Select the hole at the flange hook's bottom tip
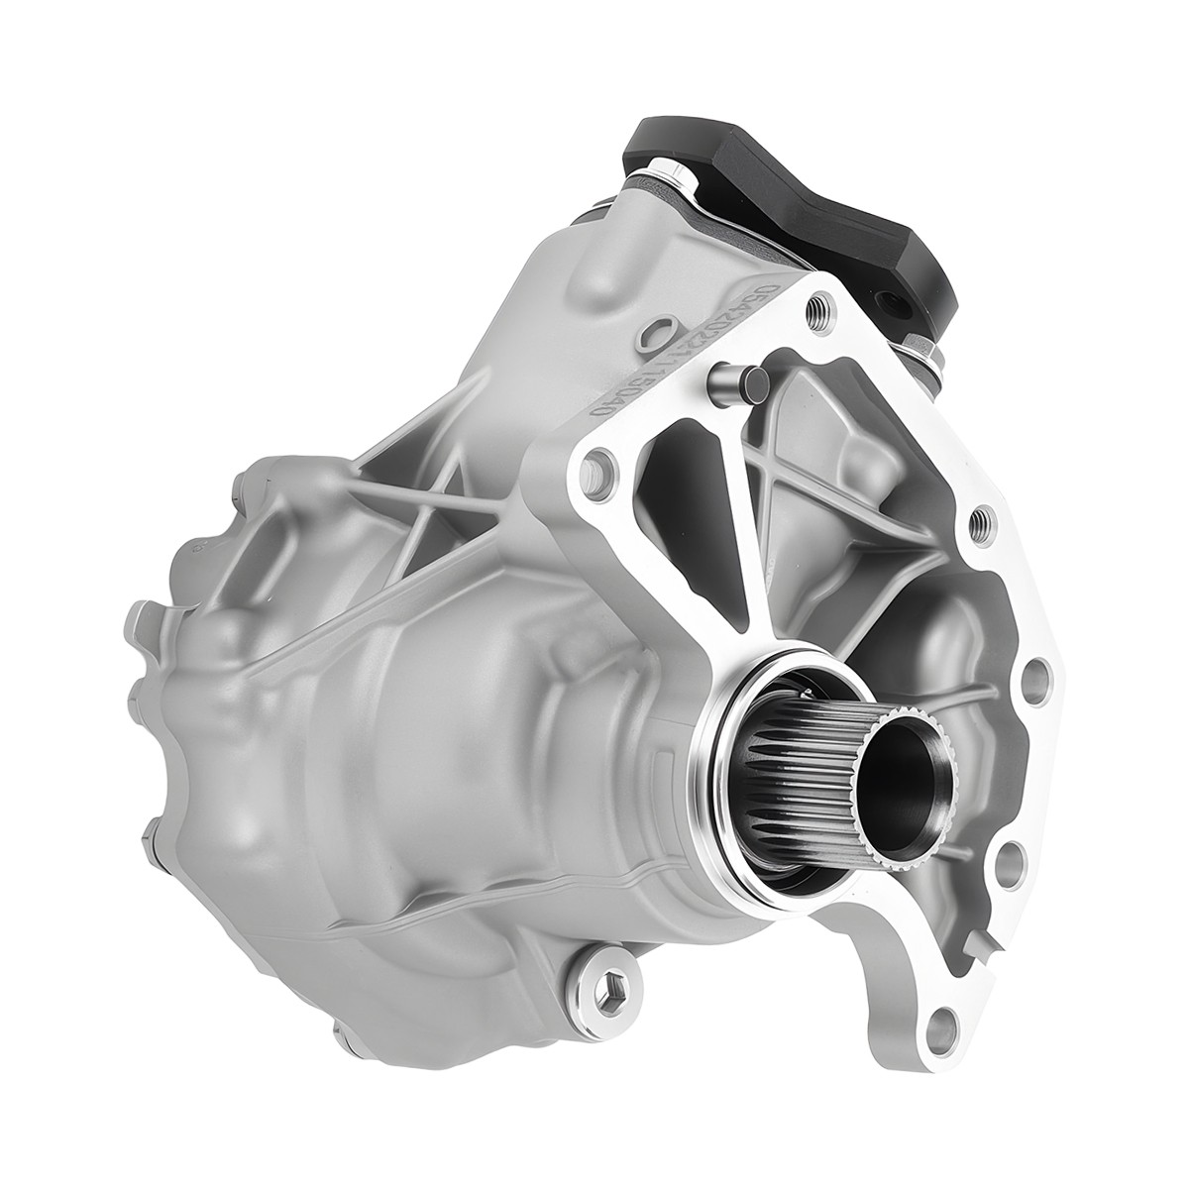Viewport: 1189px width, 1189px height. [x=943, y=1070]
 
